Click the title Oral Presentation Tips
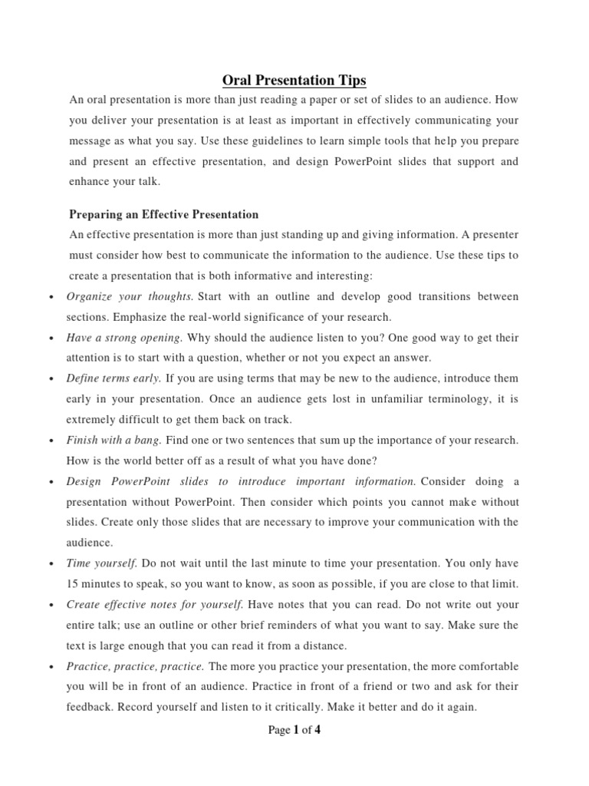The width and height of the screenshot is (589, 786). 294,80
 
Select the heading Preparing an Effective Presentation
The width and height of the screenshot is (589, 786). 163,214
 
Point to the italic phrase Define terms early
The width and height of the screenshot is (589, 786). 114,378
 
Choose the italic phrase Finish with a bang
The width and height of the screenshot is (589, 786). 114,440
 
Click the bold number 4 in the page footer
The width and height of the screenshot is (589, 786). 317,730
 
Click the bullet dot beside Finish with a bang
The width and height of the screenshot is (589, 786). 50,441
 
